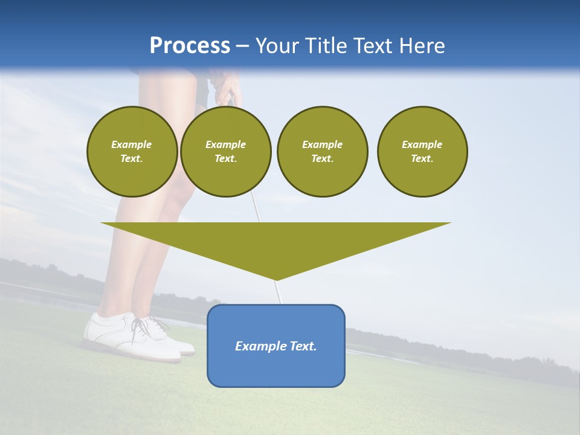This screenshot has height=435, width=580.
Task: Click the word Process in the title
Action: point(190,46)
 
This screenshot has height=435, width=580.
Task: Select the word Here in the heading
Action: point(421,46)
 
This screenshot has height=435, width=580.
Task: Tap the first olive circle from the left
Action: point(132,152)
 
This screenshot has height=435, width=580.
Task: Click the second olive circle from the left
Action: point(225,152)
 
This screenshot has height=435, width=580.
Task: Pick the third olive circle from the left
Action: point(322,152)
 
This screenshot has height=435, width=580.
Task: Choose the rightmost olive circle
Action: point(422,152)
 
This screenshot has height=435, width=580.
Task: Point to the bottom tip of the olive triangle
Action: point(276,279)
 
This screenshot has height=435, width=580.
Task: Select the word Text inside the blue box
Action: point(304,346)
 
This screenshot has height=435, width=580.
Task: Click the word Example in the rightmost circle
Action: point(422,144)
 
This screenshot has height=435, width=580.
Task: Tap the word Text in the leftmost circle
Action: point(132,159)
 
